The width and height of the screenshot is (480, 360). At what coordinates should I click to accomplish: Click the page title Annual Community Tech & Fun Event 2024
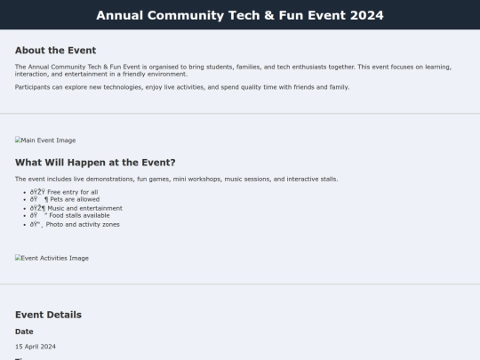(x=240, y=15)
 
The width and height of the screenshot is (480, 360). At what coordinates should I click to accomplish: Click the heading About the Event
(x=55, y=51)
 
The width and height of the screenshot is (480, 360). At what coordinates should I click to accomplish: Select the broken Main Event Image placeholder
(x=45, y=140)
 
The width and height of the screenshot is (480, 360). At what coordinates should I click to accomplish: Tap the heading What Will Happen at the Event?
(x=95, y=163)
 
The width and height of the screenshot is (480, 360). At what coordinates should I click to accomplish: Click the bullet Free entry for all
(x=64, y=192)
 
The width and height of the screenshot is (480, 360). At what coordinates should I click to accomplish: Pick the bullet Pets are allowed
(x=65, y=200)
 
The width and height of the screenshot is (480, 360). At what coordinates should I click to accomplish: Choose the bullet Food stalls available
(x=69, y=216)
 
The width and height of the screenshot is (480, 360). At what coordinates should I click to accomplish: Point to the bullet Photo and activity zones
(x=75, y=225)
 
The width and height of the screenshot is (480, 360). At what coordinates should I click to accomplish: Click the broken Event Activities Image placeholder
(x=52, y=259)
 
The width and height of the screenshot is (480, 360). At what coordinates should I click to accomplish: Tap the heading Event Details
(x=48, y=315)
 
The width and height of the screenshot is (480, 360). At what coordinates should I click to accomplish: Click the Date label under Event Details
(x=24, y=332)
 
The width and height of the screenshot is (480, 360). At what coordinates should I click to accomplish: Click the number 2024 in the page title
(x=367, y=15)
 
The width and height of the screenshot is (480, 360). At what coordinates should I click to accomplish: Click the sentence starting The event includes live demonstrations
(x=176, y=180)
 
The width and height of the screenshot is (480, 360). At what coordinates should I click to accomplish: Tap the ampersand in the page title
(x=252, y=15)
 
